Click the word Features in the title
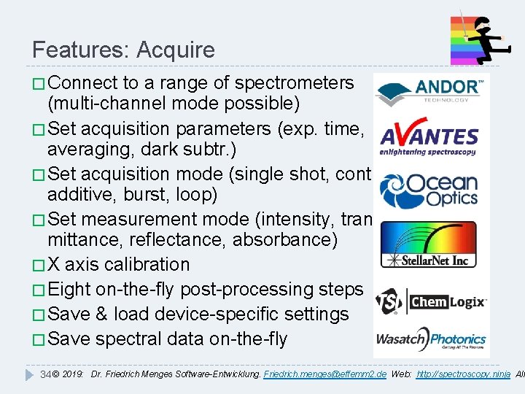click(77, 50)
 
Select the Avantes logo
click(429, 138)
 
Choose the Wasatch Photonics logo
click(429, 340)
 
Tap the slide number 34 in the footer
click(45, 374)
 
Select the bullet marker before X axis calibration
click(38, 265)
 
